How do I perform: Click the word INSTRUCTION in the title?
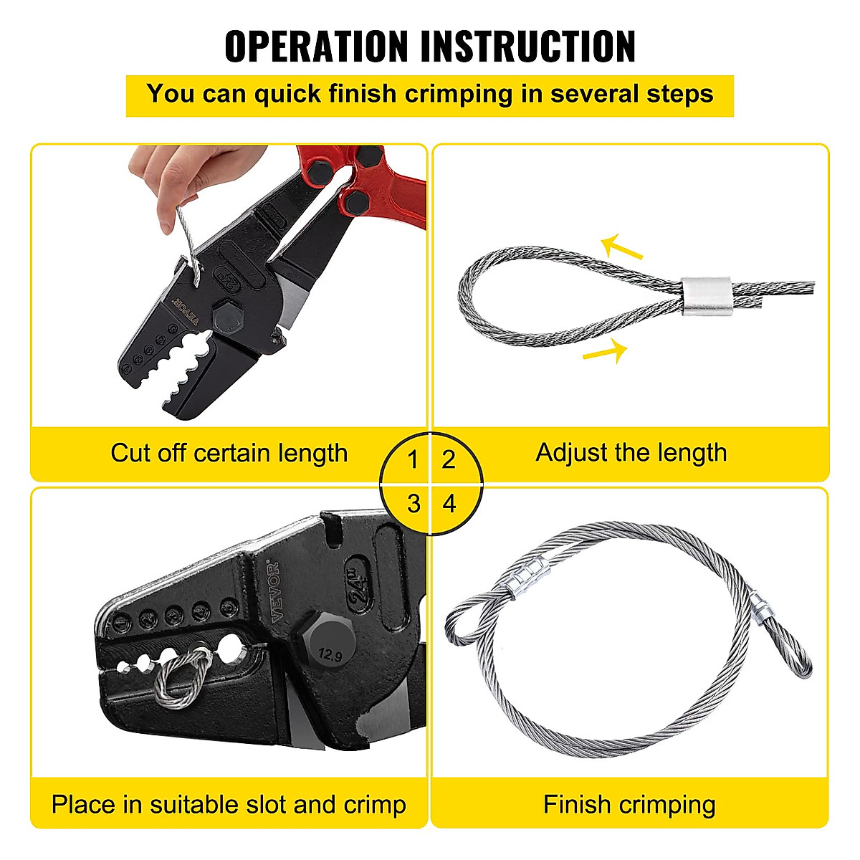click(x=527, y=47)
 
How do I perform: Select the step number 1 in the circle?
click(x=412, y=459)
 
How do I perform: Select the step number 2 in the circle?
click(x=449, y=459)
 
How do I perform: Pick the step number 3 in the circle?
click(x=413, y=504)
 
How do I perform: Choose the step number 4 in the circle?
click(x=449, y=504)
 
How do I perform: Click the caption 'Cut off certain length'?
click(x=229, y=454)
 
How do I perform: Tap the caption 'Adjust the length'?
click(x=631, y=453)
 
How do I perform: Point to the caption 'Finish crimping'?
click(x=629, y=805)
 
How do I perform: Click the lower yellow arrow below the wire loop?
click(x=606, y=352)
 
